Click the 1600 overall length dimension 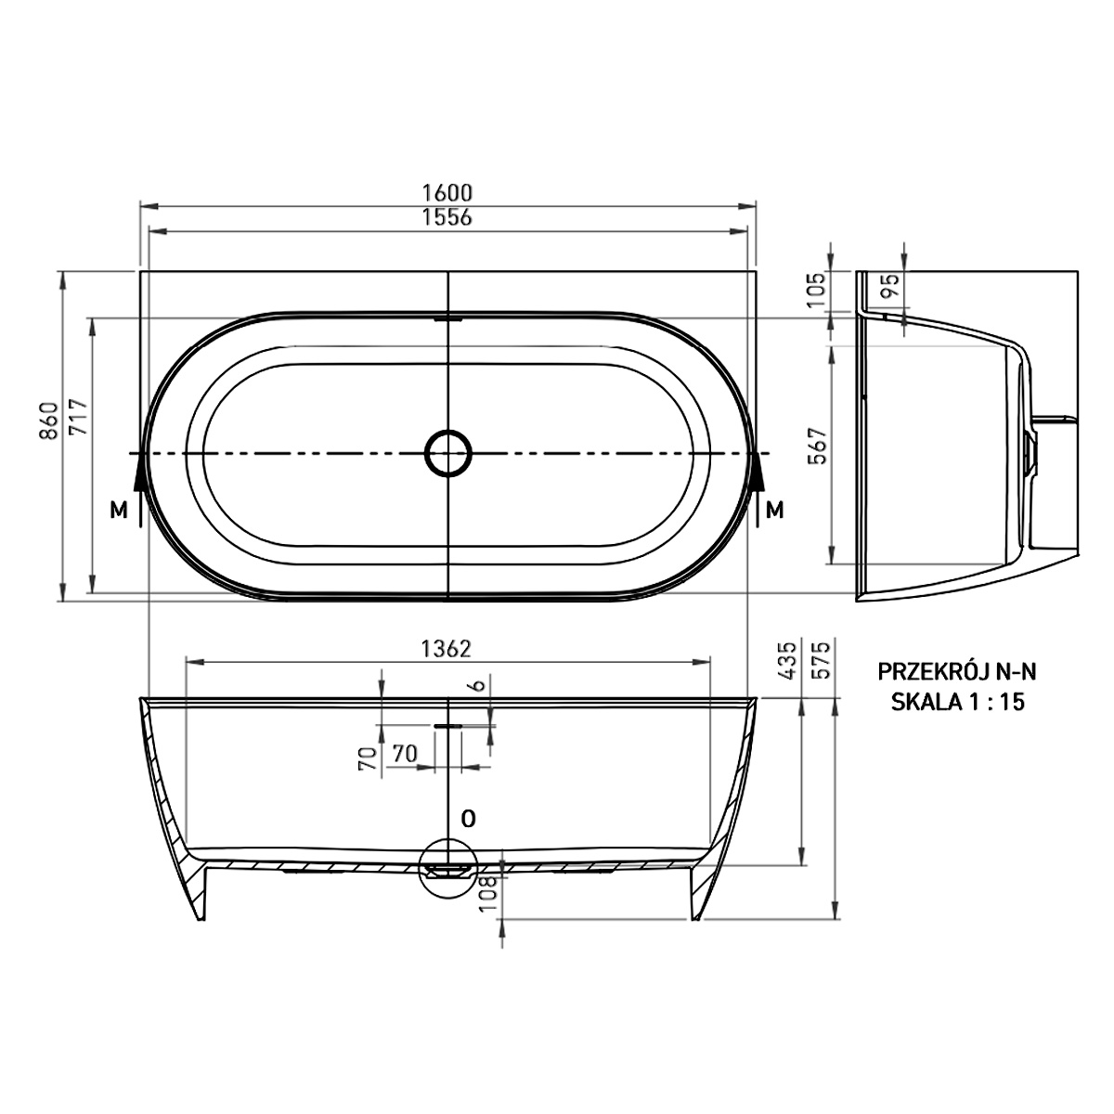pyautogui.click(x=447, y=192)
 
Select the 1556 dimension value pyautogui.click(x=447, y=217)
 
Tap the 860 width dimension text pyautogui.click(x=50, y=421)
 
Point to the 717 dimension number pyautogui.click(x=78, y=417)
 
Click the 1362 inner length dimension pyautogui.click(x=447, y=649)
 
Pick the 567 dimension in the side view pyautogui.click(x=818, y=446)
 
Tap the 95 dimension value pyautogui.click(x=892, y=285)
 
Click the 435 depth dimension pyautogui.click(x=788, y=660)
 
